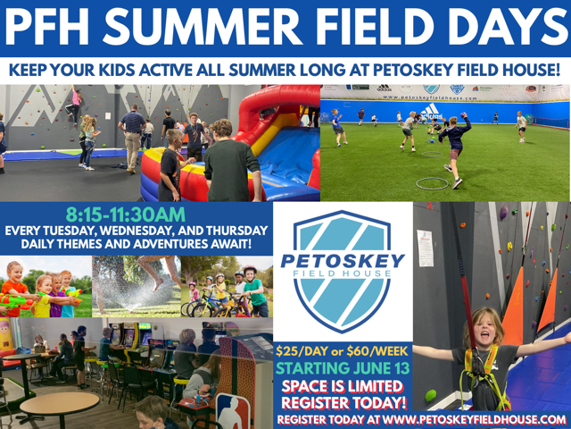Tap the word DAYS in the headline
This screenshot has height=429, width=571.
coord(505,26)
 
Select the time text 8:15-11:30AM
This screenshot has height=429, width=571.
coord(126,214)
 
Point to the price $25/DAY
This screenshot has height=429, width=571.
coord(302,351)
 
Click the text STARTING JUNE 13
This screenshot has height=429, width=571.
coord(343,368)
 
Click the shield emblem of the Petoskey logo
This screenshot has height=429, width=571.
coord(342,272)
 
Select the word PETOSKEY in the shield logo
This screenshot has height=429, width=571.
coord(343,261)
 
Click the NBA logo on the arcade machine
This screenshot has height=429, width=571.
coord(232,410)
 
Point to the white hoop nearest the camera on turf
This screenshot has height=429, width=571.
coord(432,183)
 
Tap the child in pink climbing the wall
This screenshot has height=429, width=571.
coord(75,104)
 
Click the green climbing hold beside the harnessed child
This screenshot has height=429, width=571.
coord(430,395)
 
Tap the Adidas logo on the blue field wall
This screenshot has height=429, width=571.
coord(432,111)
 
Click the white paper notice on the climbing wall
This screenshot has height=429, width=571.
coord(425,248)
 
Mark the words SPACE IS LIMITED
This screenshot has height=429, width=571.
coord(343,387)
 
